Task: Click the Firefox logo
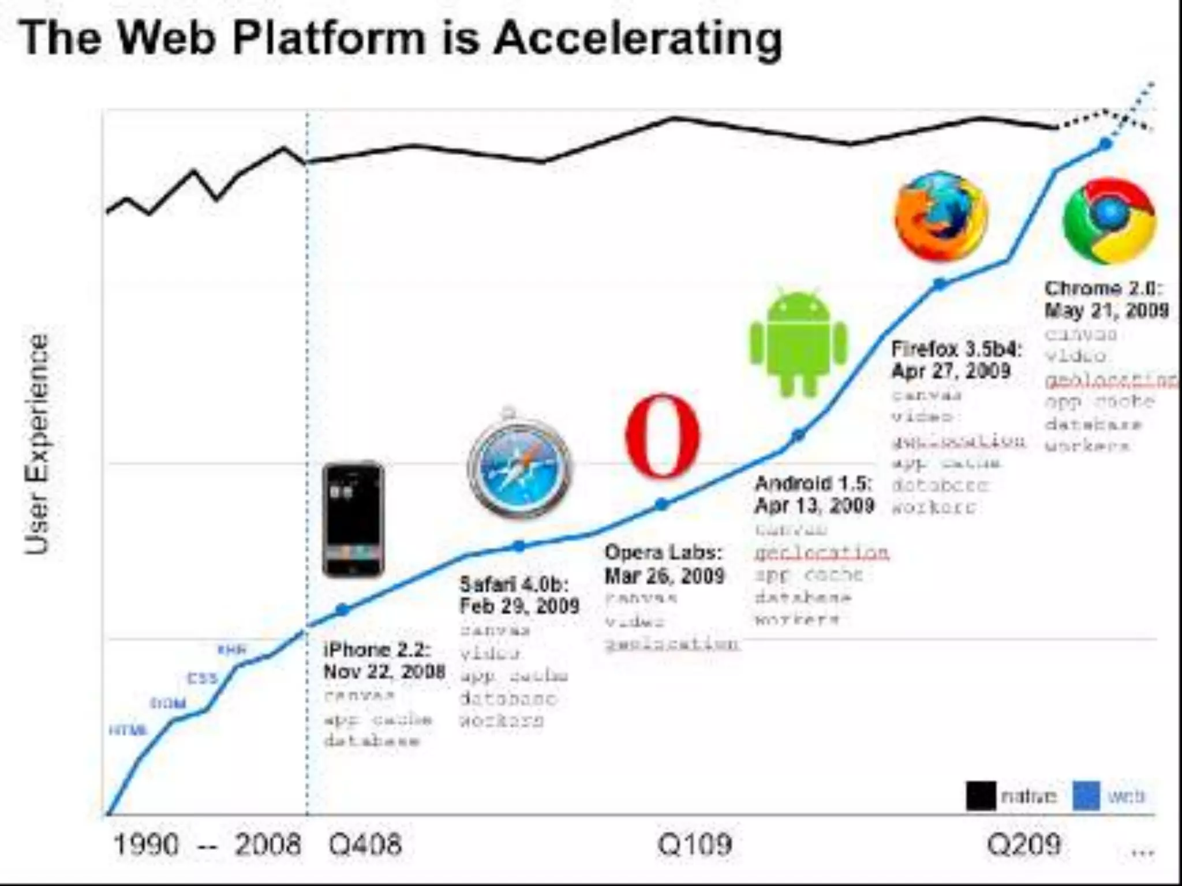(x=941, y=216)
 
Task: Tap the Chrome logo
(x=1109, y=221)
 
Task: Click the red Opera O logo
(x=663, y=437)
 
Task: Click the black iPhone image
(x=353, y=519)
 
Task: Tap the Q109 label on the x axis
(x=694, y=844)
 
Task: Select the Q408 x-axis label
(x=365, y=844)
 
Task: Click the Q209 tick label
(x=1023, y=844)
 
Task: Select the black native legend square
(x=981, y=796)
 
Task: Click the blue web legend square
(x=1086, y=796)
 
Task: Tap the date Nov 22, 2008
(x=384, y=671)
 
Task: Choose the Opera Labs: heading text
(x=663, y=553)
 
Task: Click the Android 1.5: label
(x=813, y=483)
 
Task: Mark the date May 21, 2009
(x=1106, y=310)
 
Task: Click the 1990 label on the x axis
(x=146, y=844)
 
